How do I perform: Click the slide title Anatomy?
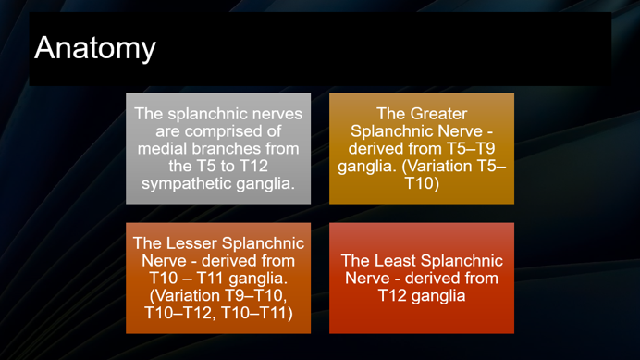tap(94, 48)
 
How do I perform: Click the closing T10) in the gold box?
tap(422, 184)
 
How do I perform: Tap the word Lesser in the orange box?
tap(191, 243)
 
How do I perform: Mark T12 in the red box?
tap(394, 296)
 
